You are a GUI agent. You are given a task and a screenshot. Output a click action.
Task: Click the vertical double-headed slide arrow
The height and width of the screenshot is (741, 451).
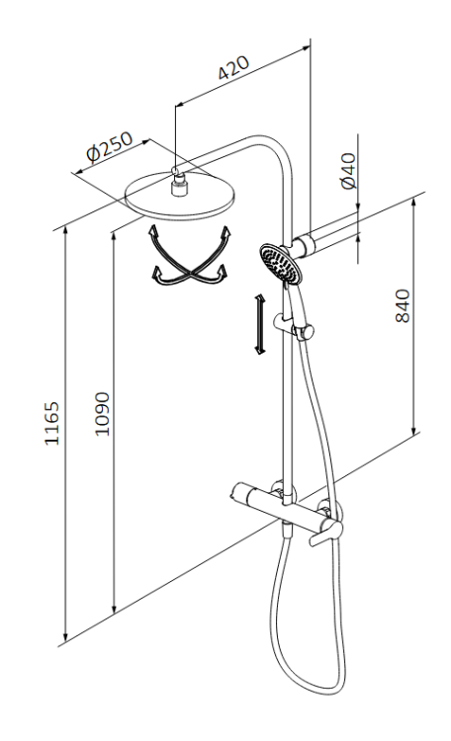(x=258, y=324)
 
